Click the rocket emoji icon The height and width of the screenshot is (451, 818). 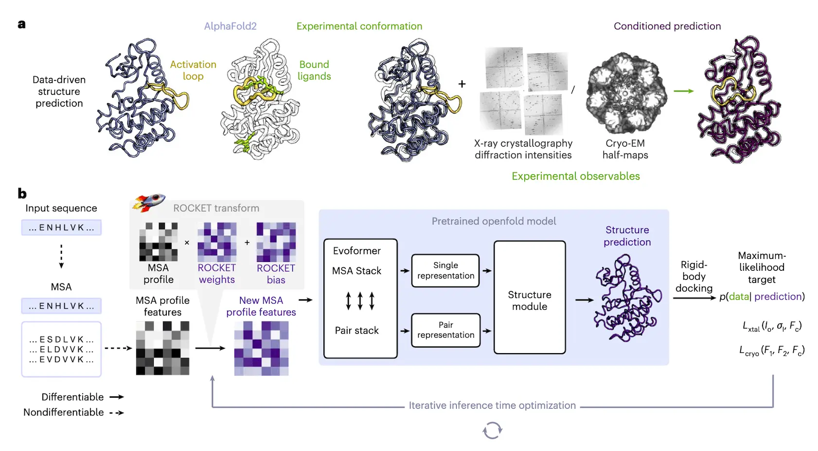[149, 202]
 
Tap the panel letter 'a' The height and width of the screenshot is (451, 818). [21, 24]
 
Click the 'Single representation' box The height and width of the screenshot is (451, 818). [445, 270]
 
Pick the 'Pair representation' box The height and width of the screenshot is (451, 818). [445, 330]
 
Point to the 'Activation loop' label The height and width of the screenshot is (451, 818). [193, 70]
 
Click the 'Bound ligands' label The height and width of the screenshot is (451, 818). [314, 70]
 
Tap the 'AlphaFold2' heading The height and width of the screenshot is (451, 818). [230, 26]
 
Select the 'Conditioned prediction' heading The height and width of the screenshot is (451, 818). [667, 26]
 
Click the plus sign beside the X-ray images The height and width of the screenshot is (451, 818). [462, 84]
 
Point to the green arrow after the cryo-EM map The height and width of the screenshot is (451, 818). [684, 91]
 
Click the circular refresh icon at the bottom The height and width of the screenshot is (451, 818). [492, 431]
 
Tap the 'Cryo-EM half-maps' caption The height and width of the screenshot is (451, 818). [625, 149]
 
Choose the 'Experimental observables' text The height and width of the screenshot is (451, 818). [576, 176]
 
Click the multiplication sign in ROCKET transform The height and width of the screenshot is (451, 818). [187, 243]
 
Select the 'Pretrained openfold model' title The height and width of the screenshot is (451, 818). [494, 221]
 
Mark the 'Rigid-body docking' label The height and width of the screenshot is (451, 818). [694, 276]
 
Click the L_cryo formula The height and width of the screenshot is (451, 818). [772, 351]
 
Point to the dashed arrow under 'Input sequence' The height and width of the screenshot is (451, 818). [61, 256]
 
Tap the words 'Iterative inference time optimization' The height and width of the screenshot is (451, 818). [492, 405]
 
